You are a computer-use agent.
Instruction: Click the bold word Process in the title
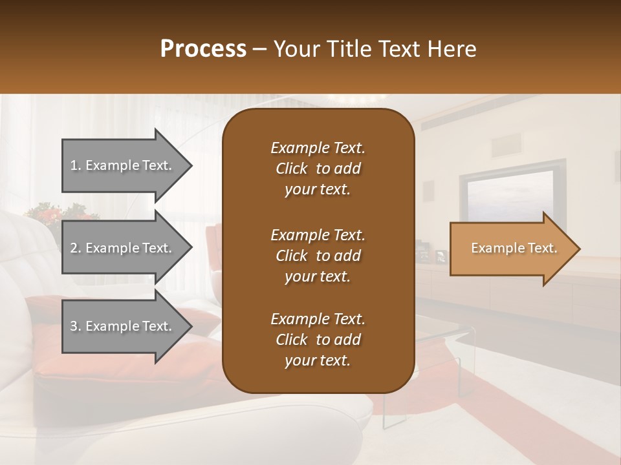[x=203, y=48]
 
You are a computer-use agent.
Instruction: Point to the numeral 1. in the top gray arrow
[x=76, y=165]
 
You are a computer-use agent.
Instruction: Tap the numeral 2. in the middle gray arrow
[x=76, y=248]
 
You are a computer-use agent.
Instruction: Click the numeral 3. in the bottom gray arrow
[x=76, y=326]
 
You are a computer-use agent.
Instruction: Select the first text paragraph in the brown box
[x=318, y=169]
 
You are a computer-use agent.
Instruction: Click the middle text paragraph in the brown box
[x=318, y=255]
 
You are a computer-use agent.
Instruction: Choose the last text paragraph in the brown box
[x=318, y=340]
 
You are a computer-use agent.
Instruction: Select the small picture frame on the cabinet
[x=441, y=256]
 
